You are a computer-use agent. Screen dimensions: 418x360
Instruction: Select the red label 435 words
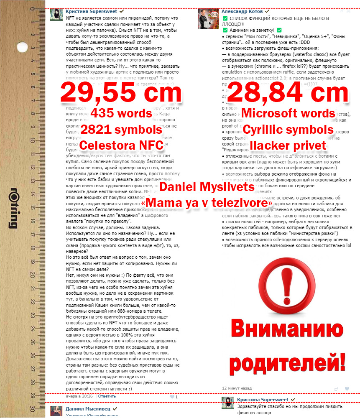coord(121,113)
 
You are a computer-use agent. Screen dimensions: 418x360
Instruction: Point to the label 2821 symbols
coord(121,129)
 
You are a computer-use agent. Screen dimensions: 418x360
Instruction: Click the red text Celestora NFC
coord(121,145)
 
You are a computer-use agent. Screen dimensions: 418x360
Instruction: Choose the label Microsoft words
coord(288,113)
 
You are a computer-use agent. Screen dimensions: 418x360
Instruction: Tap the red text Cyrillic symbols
coord(288,129)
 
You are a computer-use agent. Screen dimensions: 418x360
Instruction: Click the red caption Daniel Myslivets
coord(207,187)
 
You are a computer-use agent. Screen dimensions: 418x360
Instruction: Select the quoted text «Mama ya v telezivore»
coord(207,203)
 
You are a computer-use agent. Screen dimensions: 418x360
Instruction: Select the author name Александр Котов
coord(242,12)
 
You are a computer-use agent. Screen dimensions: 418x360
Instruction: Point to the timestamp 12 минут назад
coord(237,387)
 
